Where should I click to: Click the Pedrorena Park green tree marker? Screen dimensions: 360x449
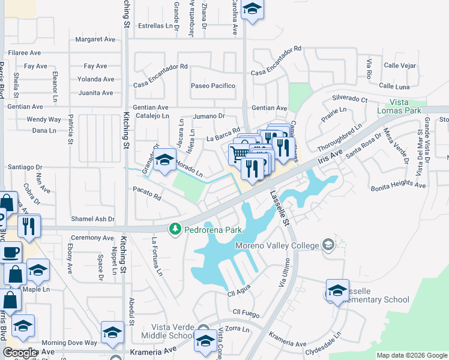175,229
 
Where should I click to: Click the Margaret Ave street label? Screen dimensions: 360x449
95,40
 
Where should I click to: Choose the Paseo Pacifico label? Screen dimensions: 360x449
213,86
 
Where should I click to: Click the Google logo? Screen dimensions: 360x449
20,353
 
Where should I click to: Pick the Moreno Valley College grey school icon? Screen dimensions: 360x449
328,244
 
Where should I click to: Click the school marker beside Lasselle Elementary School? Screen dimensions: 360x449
337,290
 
